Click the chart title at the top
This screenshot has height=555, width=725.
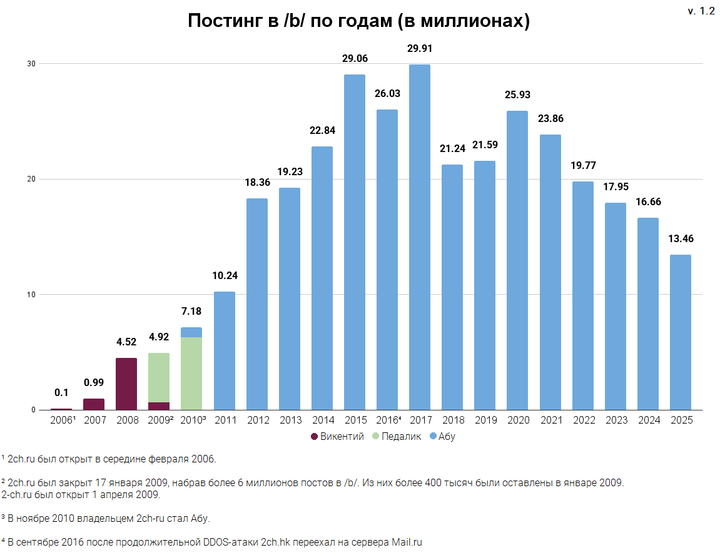click(x=359, y=21)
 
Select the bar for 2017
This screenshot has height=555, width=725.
click(x=419, y=238)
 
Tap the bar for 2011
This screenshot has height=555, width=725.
click(x=224, y=350)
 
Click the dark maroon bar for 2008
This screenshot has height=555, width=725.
click(x=126, y=384)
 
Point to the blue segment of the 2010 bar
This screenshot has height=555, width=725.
click(x=191, y=332)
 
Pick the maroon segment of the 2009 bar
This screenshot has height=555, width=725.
click(x=159, y=406)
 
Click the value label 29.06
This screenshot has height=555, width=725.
click(x=355, y=59)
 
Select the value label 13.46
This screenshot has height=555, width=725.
click(x=680, y=238)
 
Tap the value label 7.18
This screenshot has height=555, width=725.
click(x=191, y=311)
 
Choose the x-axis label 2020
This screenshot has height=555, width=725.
click(x=517, y=420)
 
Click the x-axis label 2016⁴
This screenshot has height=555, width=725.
click(x=387, y=420)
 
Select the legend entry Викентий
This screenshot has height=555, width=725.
click(x=342, y=437)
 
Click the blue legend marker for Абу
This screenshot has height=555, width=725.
click(x=433, y=437)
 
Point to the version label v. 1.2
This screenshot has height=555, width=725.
click(x=701, y=11)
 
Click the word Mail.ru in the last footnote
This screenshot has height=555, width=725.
click(x=407, y=542)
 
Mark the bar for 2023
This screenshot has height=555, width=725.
click(x=615, y=307)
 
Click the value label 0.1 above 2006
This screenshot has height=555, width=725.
click(x=61, y=393)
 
